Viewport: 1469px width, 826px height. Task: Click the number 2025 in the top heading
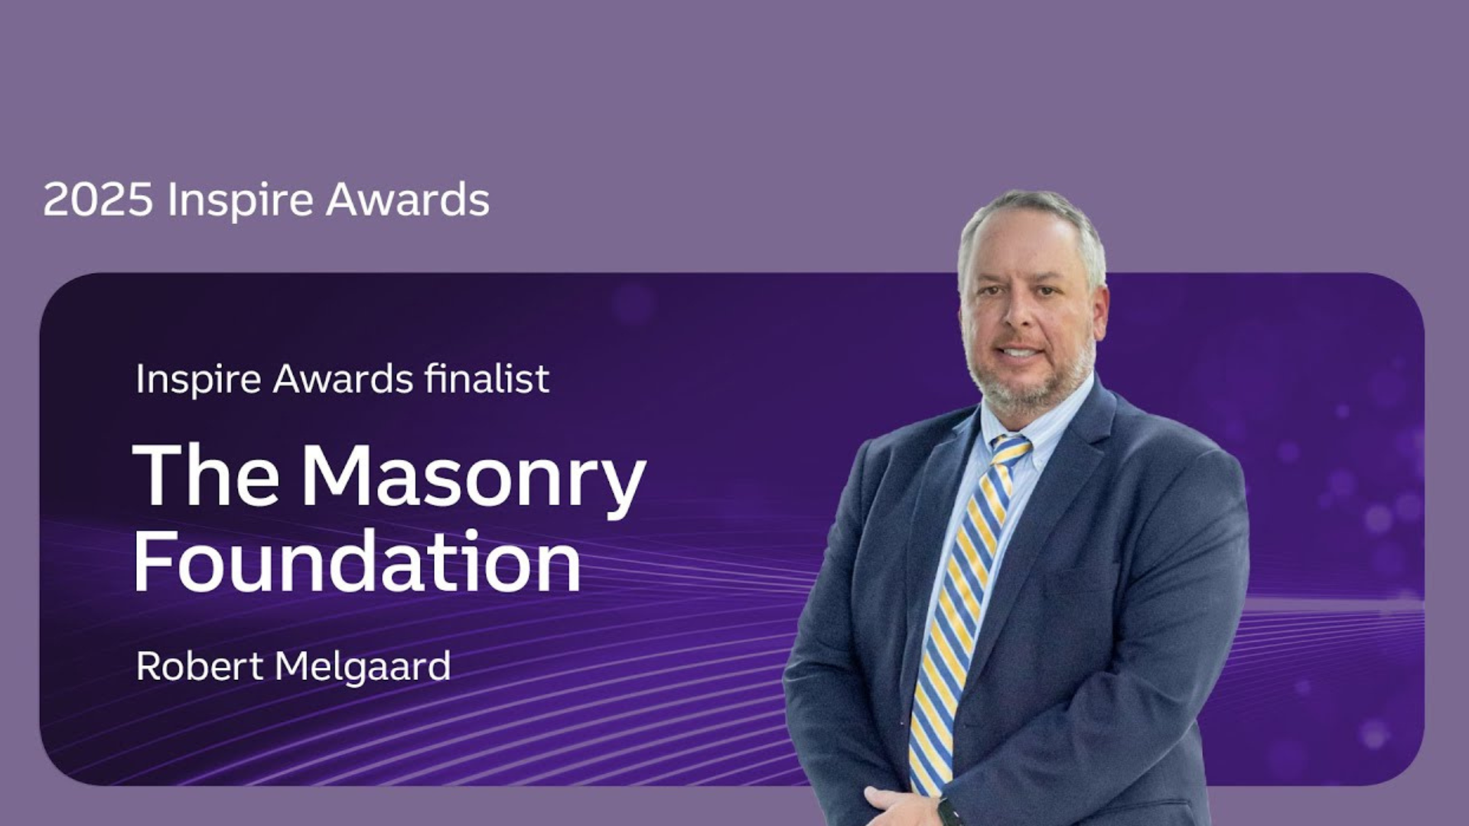click(98, 200)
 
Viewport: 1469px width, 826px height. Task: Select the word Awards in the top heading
click(408, 200)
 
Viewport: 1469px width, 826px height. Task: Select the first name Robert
click(200, 666)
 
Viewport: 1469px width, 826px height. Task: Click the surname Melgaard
click(363, 668)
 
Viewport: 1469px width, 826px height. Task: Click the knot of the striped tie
click(1009, 450)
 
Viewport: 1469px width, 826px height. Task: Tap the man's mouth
click(1020, 352)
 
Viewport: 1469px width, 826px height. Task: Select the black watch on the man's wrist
click(947, 811)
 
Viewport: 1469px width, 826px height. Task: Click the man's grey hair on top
click(1033, 210)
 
